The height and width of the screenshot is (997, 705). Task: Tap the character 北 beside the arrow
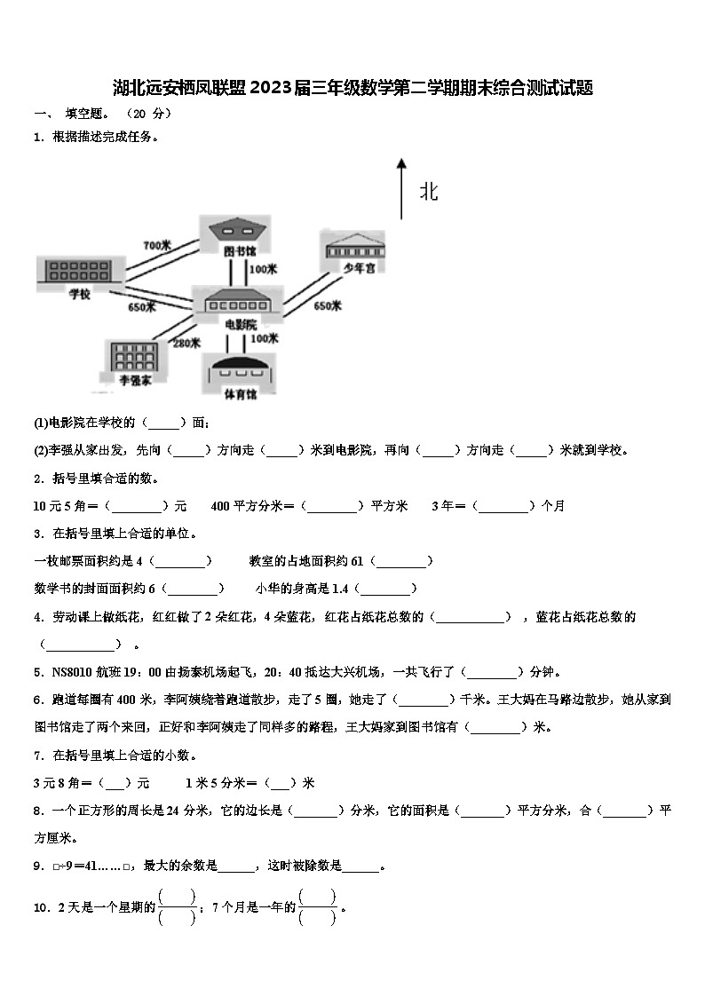[x=429, y=192]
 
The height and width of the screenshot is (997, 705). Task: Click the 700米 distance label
[x=156, y=244]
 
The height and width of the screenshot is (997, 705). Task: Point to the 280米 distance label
[x=186, y=343]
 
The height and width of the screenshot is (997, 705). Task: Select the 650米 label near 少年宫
[x=328, y=306]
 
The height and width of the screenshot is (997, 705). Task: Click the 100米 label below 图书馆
[x=264, y=269]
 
